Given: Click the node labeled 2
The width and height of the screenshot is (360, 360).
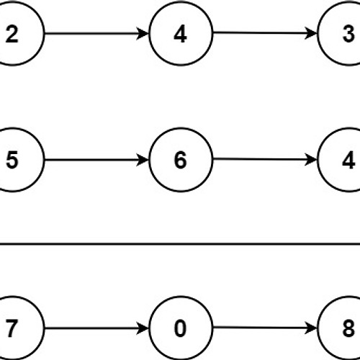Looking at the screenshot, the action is [12, 33].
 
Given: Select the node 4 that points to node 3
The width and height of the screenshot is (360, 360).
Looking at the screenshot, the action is [181, 33].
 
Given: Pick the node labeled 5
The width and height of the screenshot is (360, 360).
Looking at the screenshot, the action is [12, 160].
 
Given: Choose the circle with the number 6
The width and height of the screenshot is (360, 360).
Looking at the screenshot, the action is [181, 160].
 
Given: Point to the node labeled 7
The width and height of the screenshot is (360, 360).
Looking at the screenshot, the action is [12, 328].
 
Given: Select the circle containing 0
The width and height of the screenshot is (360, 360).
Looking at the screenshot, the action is [181, 328].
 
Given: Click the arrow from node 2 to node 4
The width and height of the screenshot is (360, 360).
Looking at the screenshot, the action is [96, 33].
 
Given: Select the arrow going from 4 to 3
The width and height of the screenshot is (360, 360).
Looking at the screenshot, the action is [265, 33].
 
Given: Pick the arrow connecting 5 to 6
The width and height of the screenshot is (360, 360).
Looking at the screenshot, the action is [96, 160].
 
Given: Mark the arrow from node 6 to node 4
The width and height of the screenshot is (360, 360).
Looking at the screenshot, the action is [265, 159].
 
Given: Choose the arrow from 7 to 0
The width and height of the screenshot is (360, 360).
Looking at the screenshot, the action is [96, 328].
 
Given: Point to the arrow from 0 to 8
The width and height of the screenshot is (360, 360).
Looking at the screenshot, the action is [265, 328].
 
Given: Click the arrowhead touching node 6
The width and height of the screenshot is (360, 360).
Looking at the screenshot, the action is [143, 160].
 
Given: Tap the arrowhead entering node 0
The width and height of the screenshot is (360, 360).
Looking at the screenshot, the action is [143, 328].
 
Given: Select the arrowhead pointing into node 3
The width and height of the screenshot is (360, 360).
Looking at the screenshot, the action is [312, 33].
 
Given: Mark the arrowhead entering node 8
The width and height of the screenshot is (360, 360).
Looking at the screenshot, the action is [312, 328].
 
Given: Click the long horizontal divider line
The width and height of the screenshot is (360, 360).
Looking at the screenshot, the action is [180, 244].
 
